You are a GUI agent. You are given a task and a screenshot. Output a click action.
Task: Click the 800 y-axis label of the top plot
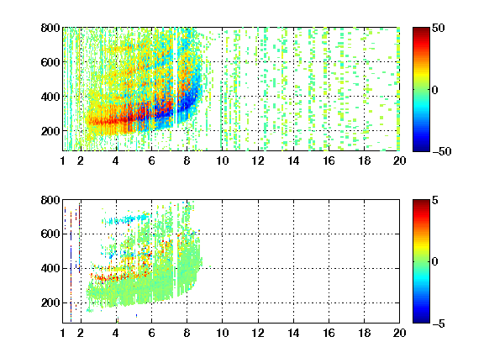click(50, 28)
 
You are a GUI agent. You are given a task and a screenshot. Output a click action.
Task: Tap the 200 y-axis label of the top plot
click(50, 131)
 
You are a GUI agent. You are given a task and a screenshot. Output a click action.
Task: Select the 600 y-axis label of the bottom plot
click(50, 234)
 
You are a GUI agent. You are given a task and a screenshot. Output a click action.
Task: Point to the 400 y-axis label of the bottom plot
click(50, 268)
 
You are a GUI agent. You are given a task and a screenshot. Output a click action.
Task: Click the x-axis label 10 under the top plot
click(222, 160)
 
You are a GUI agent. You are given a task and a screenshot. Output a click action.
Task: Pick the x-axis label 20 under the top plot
click(399, 160)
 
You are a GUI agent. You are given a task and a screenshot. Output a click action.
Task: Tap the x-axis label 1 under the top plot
click(63, 160)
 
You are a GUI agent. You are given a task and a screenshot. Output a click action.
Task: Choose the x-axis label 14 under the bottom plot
click(293, 333)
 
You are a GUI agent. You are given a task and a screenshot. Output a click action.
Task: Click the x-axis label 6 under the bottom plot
click(151, 333)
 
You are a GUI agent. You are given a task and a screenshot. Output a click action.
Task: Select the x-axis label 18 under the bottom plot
click(364, 333)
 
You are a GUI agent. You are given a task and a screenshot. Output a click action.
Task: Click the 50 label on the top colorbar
click(439, 28)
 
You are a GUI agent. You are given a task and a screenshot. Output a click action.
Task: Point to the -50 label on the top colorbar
click(442, 151)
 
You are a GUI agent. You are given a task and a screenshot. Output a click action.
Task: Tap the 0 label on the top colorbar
click(435, 90)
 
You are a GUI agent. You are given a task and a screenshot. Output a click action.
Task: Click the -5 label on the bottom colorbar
click(439, 324)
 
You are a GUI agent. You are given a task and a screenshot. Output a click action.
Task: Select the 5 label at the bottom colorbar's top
click(435, 200)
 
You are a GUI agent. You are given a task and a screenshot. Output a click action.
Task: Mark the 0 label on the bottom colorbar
click(435, 262)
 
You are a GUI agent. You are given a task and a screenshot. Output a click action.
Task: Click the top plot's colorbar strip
click(421, 90)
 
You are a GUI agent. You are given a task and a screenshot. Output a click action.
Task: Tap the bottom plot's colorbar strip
click(421, 261)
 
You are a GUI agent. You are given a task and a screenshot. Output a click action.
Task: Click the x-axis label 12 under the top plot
click(258, 160)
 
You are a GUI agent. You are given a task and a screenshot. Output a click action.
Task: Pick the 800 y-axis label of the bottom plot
click(50, 200)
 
